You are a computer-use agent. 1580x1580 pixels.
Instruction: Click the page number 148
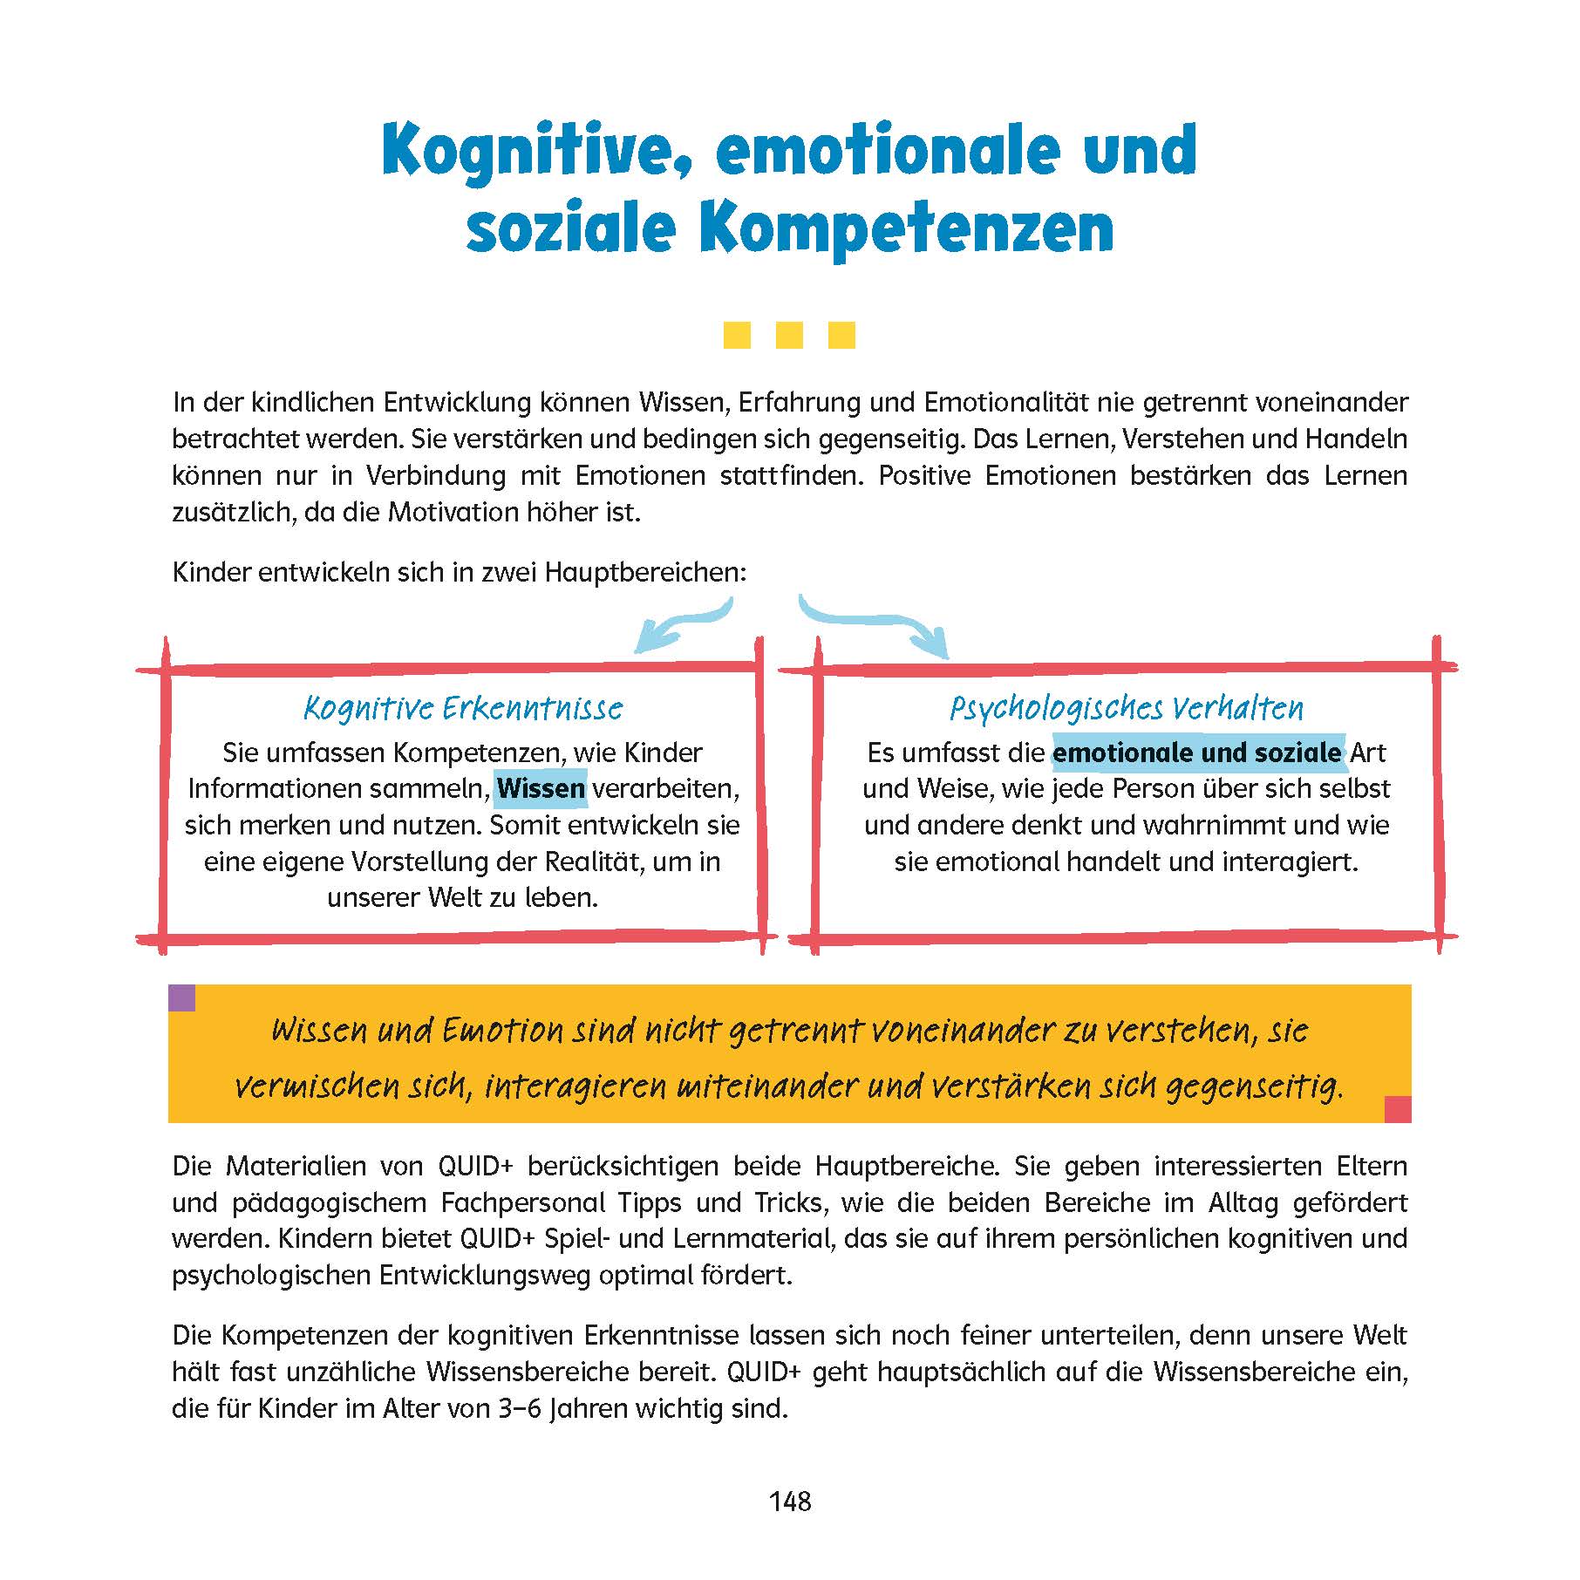pos(790,1502)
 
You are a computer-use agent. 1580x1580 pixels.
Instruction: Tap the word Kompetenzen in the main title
pos(907,228)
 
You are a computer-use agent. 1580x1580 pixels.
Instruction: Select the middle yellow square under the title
pos(789,336)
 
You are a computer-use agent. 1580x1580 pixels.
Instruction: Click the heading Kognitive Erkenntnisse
pos(463,708)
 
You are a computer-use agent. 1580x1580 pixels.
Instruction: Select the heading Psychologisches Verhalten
pos(1126,708)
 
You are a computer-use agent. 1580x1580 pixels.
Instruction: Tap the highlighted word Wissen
pos(541,789)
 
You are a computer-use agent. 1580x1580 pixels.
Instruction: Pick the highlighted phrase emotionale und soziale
pos(1197,753)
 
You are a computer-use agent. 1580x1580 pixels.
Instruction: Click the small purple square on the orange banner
pos(181,998)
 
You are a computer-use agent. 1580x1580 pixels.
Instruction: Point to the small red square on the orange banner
pos(1398,1109)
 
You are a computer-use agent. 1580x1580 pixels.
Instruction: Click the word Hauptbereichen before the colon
pos(645,573)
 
